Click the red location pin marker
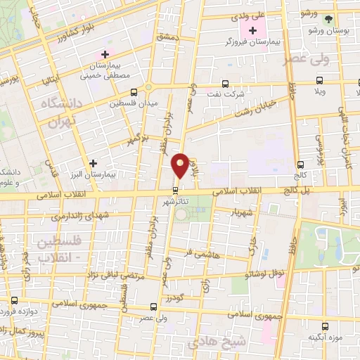coord(180,166)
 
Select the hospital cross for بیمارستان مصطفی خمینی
coord(105,54)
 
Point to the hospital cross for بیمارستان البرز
coord(93,163)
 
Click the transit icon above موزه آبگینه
coord(325,326)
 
